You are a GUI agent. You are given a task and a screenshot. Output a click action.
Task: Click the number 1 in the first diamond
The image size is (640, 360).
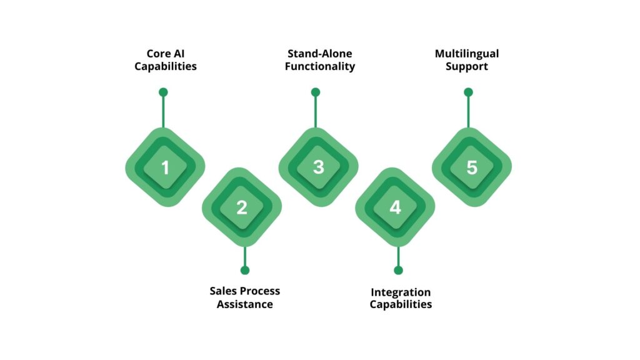coord(165,167)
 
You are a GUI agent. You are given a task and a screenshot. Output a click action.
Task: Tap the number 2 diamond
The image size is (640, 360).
coord(242,207)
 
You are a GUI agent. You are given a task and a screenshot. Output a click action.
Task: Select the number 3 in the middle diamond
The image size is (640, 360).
coord(318,167)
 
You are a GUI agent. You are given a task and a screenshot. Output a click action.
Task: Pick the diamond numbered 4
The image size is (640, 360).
coord(395,207)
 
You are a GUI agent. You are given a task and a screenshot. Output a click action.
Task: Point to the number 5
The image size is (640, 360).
coord(471,167)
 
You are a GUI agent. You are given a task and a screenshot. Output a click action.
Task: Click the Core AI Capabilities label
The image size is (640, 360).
coord(165,60)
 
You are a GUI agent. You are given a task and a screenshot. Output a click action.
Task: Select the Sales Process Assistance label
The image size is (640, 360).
coord(245,297)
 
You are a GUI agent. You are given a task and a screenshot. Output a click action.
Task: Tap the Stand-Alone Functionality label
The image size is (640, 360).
coord(320,60)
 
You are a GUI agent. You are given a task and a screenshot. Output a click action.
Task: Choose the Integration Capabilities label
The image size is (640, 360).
coord(401,298)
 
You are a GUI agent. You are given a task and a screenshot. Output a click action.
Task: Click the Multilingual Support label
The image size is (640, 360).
coord(467,60)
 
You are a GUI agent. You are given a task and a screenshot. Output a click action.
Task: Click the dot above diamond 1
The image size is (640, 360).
coord(163,92)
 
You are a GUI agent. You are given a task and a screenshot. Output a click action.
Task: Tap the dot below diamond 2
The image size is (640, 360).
coord(245,270)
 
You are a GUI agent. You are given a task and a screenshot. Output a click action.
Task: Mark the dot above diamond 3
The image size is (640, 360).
coord(316,92)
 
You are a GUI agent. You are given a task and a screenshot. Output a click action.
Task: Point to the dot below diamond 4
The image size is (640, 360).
coord(398,270)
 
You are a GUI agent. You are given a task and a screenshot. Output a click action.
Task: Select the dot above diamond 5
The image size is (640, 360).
coord(468,92)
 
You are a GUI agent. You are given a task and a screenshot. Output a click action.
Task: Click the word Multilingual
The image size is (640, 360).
coord(467,54)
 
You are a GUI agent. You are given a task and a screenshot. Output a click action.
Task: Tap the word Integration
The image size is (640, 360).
coord(401,292)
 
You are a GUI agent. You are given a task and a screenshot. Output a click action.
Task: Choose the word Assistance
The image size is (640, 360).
coord(245,304)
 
